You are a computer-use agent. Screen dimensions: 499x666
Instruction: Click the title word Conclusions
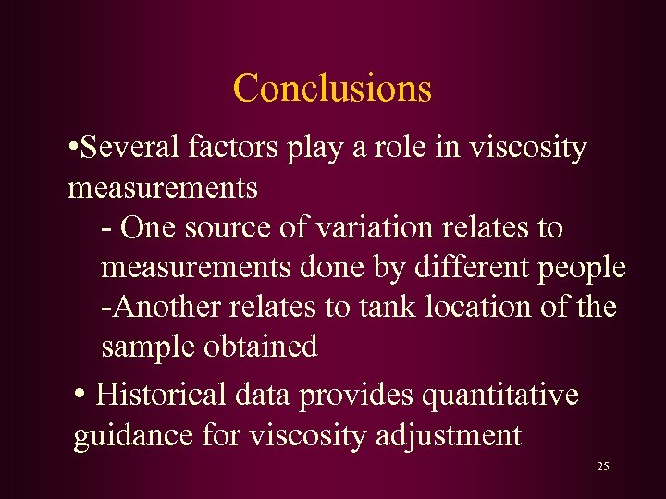(x=332, y=89)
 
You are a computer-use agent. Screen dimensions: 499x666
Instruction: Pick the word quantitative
(x=499, y=396)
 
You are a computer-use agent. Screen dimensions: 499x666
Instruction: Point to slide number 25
(x=602, y=467)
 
